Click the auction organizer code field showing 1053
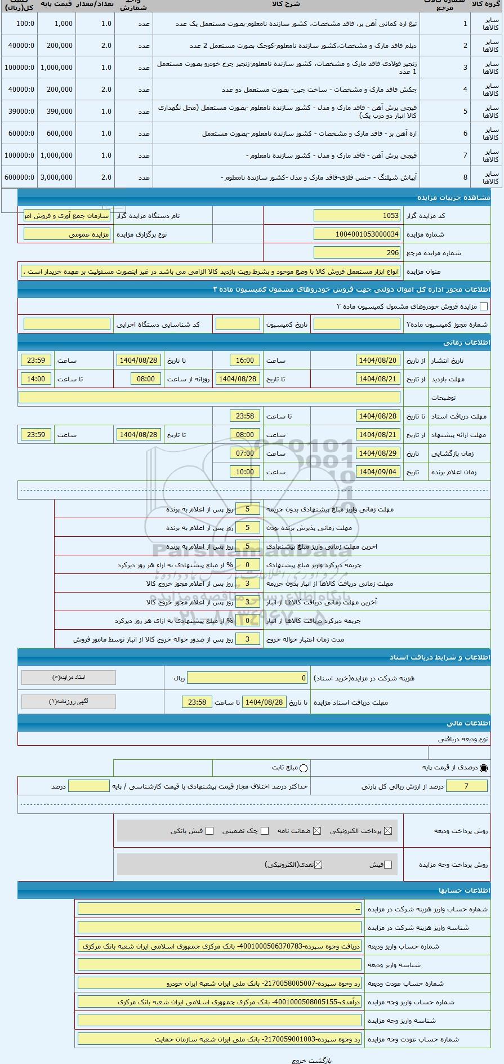coord(357,216)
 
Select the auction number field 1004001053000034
coord(357,234)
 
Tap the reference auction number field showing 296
coord(357,253)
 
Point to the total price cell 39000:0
coord(19,112)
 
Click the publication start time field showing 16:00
coord(245,360)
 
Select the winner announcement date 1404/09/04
coord(378,472)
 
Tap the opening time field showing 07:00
coord(245,453)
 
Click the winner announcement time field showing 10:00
coord(245,472)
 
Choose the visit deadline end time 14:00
coord(36,379)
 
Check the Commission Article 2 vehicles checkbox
coord(483,307)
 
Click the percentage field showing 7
coord(466,786)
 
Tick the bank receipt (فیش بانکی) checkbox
coord(209,831)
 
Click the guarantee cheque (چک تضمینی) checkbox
coord(265,831)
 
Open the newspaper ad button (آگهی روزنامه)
coord(69,702)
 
